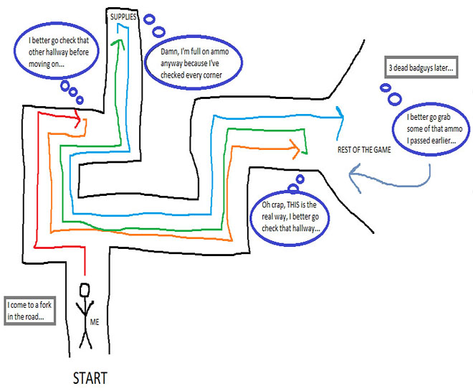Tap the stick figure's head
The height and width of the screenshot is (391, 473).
[x=85, y=290]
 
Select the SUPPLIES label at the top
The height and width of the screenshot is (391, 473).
[x=123, y=15]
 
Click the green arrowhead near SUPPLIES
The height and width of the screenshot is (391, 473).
[x=119, y=40]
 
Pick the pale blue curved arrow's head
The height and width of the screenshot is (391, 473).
[x=350, y=173]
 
